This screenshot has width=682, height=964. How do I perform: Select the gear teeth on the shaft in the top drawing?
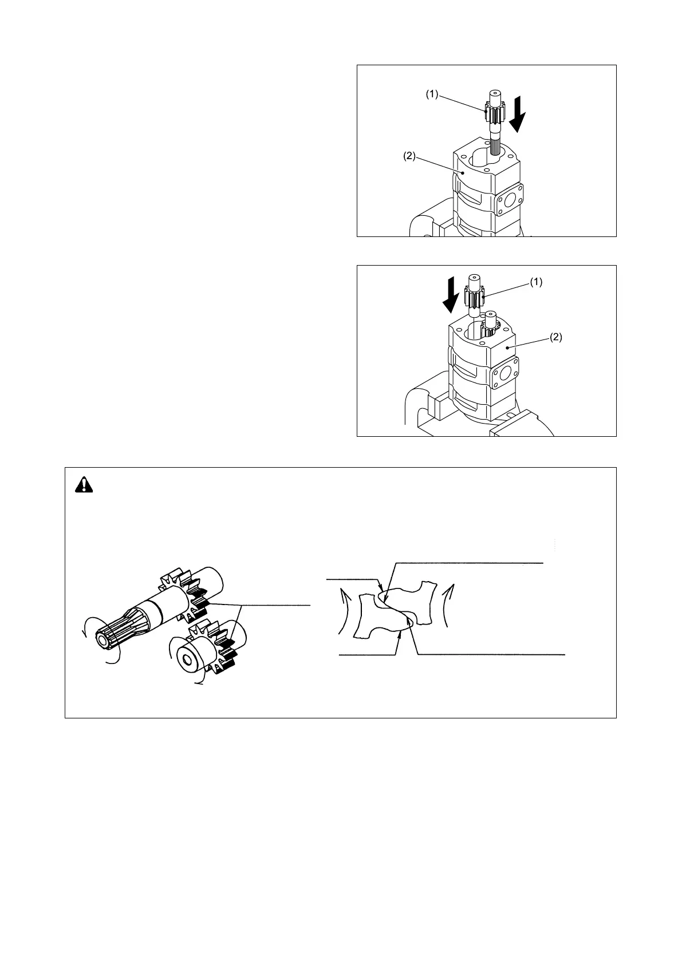click(493, 112)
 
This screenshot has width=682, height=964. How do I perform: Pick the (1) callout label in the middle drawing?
click(535, 282)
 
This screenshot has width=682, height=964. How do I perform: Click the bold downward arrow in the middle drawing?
click(452, 294)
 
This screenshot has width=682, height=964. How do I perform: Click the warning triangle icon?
click(84, 485)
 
